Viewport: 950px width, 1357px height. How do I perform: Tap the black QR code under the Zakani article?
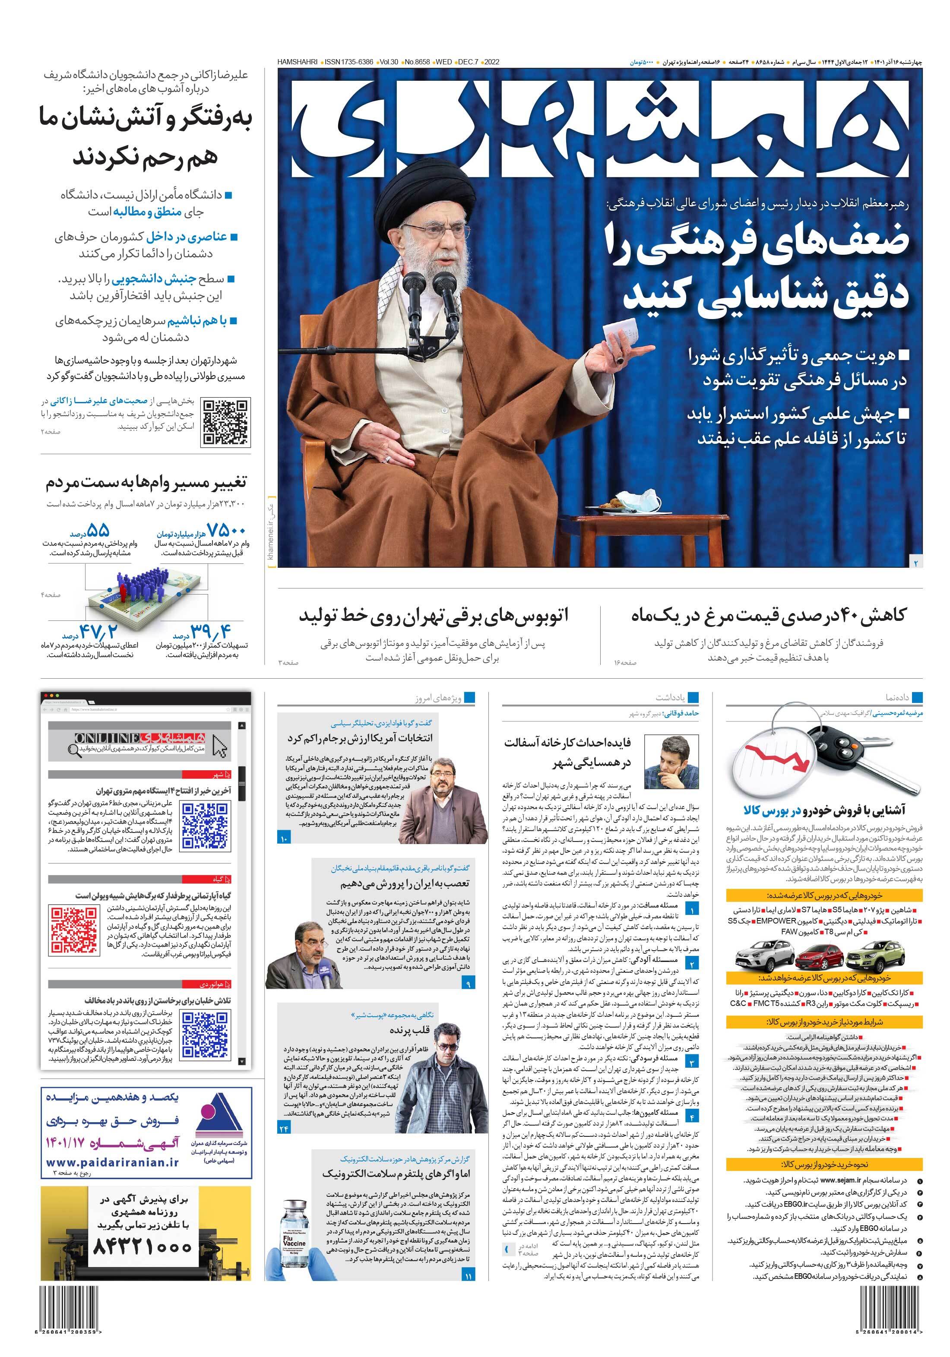[226, 422]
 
